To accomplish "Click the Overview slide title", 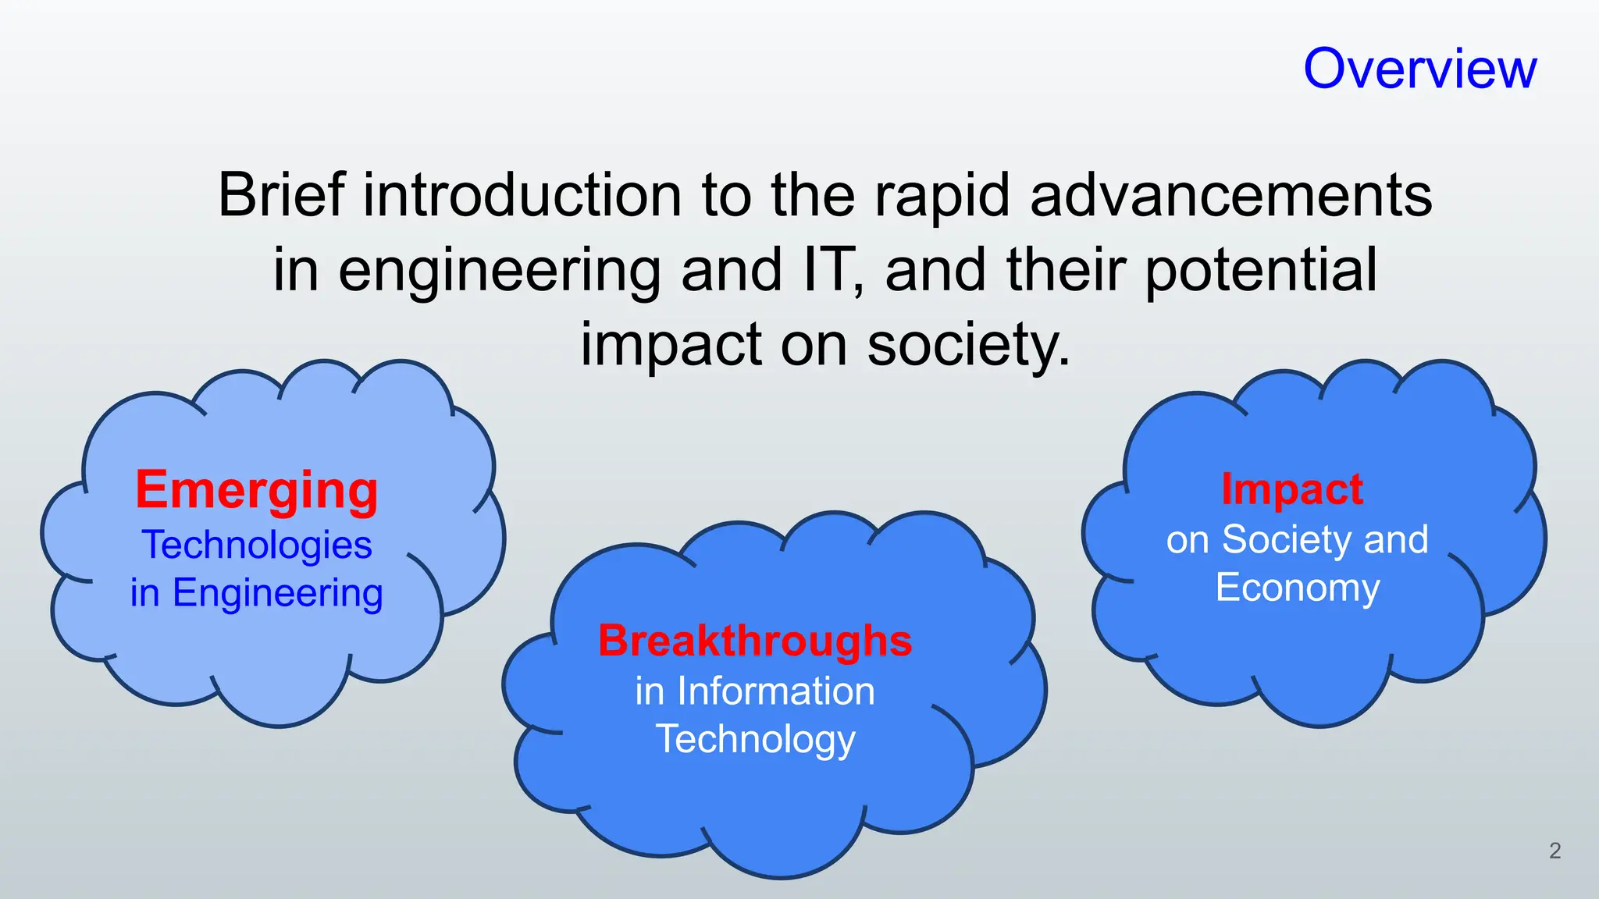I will [1419, 69].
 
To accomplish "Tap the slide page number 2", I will [1554, 851].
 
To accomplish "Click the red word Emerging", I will [257, 491].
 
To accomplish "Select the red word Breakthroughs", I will [755, 641].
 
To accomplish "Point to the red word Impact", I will [1292, 489].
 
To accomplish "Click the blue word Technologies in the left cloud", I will [257, 545].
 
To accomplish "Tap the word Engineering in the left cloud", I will [277, 594].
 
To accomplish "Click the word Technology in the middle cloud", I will [755, 739].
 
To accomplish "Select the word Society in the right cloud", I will [1280, 540].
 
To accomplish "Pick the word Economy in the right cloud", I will [1298, 588].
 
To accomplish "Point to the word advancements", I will [1231, 194].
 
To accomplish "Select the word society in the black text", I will [968, 344].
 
